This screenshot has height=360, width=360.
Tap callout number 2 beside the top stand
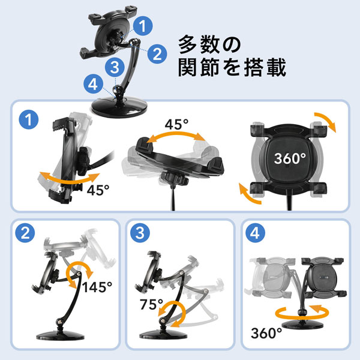coord(156,54)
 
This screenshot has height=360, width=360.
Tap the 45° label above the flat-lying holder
coord(177,125)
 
